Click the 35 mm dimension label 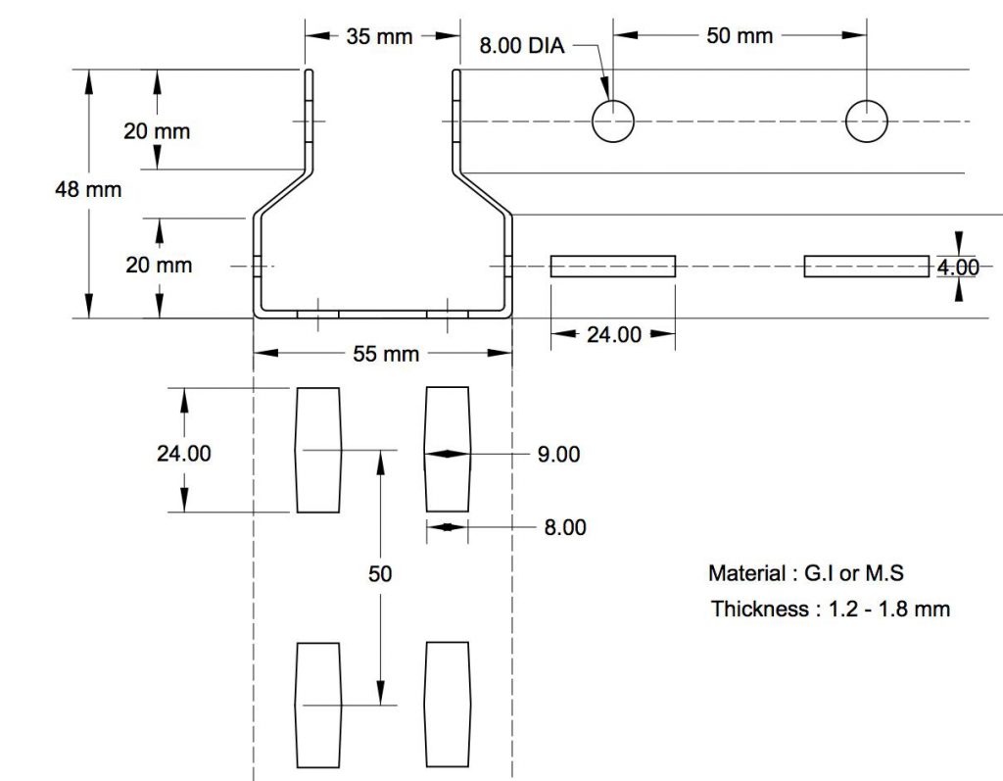click(x=379, y=36)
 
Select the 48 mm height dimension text click(x=88, y=189)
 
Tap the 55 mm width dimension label click(x=386, y=354)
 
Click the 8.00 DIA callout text click(x=522, y=45)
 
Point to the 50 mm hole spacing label click(x=740, y=36)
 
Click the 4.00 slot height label click(x=958, y=267)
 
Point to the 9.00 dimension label click(x=558, y=454)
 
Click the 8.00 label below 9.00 click(x=565, y=527)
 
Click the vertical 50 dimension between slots click(x=380, y=573)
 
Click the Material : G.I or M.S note click(x=806, y=573)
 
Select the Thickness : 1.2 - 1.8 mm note click(x=831, y=609)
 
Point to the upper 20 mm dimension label click(x=157, y=131)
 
